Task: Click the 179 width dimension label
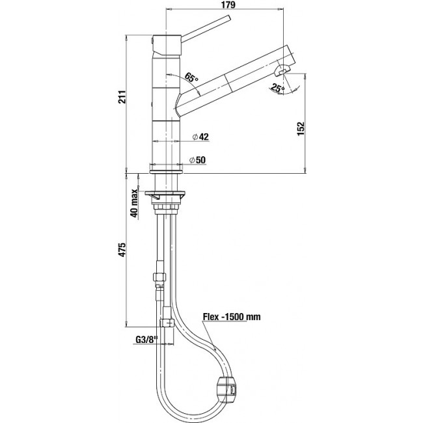(228, 5)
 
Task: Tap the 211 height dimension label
(122, 97)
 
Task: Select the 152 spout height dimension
(301, 129)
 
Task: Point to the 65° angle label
(191, 77)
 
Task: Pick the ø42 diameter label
(200, 137)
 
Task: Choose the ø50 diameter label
(197, 160)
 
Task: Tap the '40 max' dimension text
(134, 203)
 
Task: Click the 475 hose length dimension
(122, 250)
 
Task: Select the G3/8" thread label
(146, 340)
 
